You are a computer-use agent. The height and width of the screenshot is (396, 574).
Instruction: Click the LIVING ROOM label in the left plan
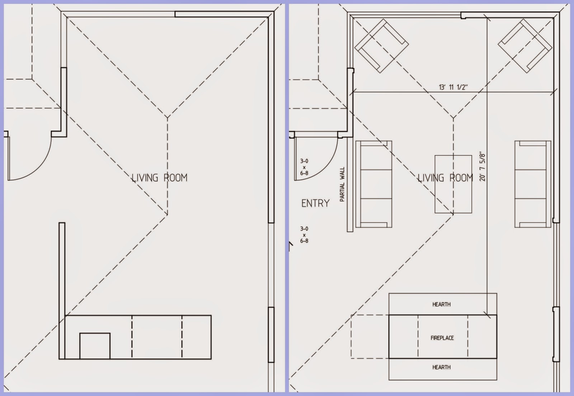[x=159, y=178]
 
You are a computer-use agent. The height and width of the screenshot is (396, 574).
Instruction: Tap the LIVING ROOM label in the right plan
[x=445, y=178]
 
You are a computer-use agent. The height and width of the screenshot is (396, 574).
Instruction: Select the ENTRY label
[x=315, y=204]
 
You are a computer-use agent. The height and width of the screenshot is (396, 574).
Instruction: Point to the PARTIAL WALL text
[x=342, y=185]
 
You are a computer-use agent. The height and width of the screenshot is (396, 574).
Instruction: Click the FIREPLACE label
[x=442, y=338]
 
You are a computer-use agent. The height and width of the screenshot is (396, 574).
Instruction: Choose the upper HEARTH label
[x=442, y=304]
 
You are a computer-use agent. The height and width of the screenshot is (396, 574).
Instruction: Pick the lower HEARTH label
[x=442, y=367]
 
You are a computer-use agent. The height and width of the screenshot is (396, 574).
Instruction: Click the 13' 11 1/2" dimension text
[x=453, y=87]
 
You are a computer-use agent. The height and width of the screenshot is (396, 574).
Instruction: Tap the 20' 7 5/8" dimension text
[x=483, y=167]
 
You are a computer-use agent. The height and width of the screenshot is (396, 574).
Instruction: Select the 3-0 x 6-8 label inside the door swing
[x=304, y=167]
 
